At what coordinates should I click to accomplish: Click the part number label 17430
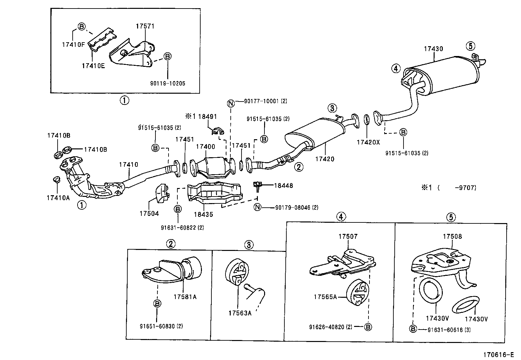coord(433,49)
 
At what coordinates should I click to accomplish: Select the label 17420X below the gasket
coord(368,142)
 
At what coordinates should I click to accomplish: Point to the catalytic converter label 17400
coord(206,147)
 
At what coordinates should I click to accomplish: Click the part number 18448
coord(283,185)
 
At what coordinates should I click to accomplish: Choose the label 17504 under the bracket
coord(149,214)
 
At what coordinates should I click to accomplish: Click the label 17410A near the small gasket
coord(58,198)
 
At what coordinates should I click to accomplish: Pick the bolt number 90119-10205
coord(168,83)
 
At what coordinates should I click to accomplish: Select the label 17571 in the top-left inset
coord(145,26)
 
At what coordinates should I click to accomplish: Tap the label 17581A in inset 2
coord(185,297)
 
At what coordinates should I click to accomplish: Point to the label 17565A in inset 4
coord(325,297)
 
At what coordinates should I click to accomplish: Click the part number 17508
coord(453,236)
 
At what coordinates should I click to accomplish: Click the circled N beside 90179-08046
coord(258,207)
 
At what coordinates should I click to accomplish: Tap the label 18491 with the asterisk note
coord(201,116)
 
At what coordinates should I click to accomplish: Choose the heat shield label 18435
coord(203,215)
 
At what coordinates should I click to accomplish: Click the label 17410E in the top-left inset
coord(93,66)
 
